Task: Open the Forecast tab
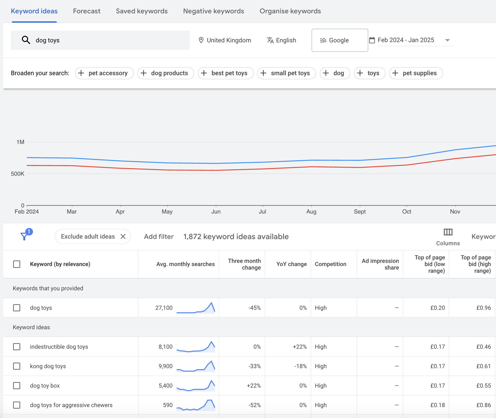(87, 11)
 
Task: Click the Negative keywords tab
(213, 11)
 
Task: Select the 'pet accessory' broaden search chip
(104, 73)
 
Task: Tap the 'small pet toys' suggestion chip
(286, 73)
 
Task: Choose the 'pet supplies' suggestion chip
(416, 73)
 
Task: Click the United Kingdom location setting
(225, 40)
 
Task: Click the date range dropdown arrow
(448, 40)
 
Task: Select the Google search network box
(340, 40)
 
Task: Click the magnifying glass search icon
(26, 40)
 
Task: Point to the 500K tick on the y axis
(18, 174)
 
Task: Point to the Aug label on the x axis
(311, 212)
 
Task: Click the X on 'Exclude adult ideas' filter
(123, 236)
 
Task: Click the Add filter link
(159, 236)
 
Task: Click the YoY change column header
(291, 264)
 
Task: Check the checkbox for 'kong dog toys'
(17, 366)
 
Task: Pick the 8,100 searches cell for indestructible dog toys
(165, 347)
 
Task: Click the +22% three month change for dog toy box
(254, 386)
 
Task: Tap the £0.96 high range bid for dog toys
(483, 308)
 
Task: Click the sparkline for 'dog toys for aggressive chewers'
(196, 405)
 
